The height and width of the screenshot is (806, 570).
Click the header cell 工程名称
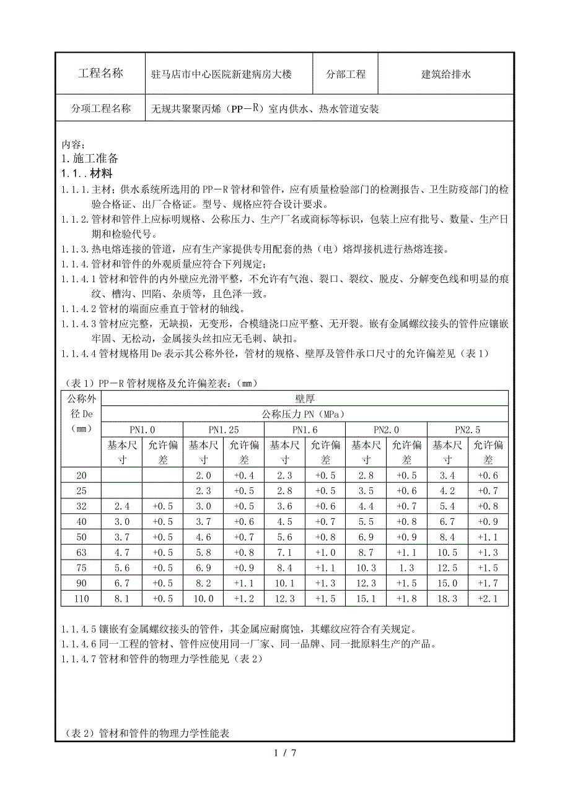tap(100, 74)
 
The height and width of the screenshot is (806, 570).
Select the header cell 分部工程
tap(346, 74)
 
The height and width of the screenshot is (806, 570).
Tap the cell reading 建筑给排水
tap(446, 74)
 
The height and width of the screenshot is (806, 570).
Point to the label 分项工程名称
tap(100, 109)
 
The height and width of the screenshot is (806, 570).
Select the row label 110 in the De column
tap(81, 599)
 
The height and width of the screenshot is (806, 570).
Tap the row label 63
tap(81, 552)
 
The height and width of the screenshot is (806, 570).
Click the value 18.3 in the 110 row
tap(447, 599)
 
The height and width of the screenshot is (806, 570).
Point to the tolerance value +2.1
tap(488, 599)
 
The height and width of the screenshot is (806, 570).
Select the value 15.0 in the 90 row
tap(447, 583)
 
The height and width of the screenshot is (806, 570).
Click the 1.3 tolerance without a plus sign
tap(406, 568)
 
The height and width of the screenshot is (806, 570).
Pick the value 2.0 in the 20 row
tap(203, 475)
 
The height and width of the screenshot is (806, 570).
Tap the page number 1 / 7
tap(285, 753)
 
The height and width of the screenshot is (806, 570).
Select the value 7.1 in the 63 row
tap(284, 552)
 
